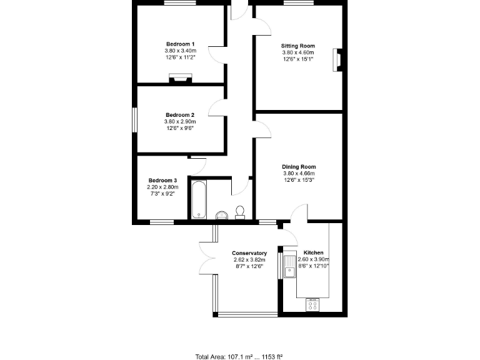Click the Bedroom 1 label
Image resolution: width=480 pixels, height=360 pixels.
180,44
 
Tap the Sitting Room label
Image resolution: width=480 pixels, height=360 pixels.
298,46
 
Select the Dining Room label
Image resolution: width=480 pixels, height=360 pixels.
299,167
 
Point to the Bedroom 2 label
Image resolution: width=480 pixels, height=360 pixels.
180,115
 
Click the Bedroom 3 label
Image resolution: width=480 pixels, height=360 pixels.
162,180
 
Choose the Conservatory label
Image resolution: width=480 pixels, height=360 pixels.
249,253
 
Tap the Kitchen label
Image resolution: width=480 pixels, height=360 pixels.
313,253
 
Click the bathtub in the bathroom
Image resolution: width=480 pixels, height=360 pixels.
198,199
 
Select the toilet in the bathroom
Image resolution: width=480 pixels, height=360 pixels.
239,212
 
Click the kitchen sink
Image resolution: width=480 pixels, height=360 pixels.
289,266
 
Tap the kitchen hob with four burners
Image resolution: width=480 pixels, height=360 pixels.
312,304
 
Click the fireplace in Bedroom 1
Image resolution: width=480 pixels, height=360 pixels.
181,79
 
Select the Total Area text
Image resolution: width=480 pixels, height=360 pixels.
239,357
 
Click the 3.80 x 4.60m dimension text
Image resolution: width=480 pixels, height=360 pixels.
298,53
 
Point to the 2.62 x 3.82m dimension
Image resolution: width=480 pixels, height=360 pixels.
249,260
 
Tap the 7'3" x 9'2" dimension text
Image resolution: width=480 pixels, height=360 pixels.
162,194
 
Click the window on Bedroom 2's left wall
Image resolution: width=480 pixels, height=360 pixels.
134,120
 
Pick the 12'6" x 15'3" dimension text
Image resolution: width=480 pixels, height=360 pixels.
299,180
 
